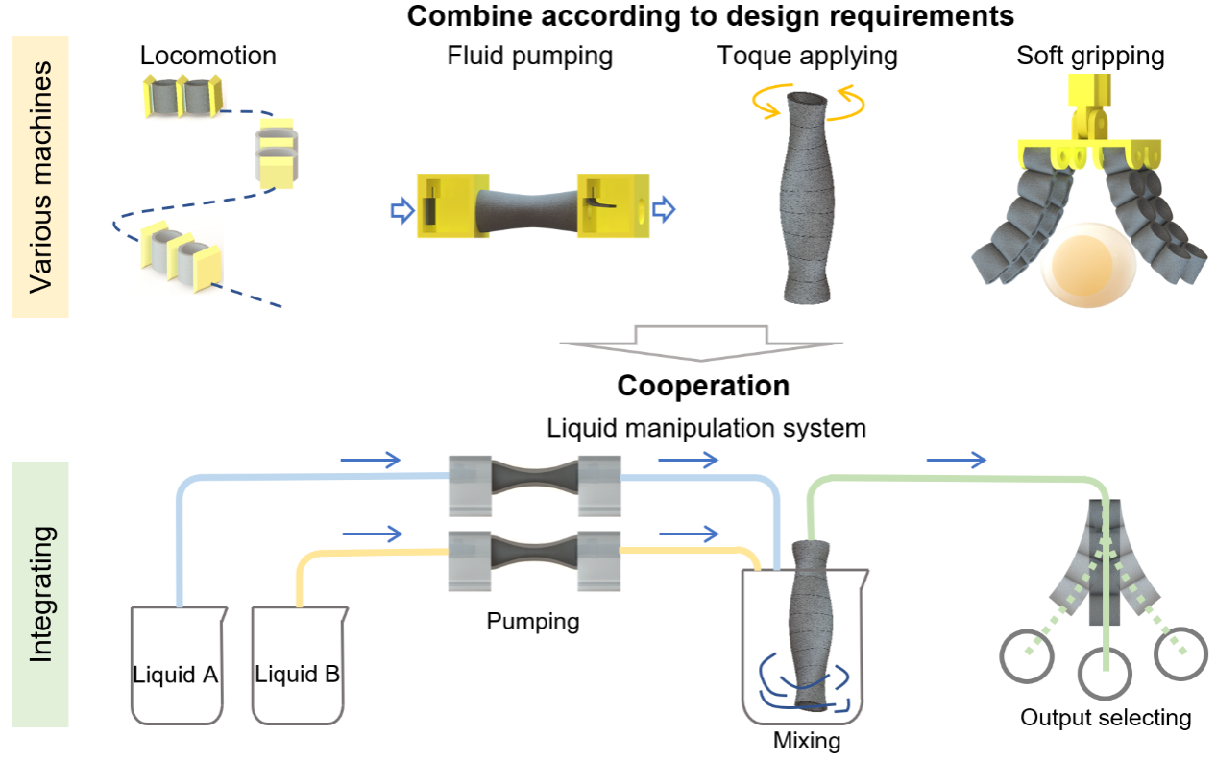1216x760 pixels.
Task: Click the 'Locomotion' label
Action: (x=207, y=56)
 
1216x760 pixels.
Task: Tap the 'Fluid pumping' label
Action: (x=529, y=56)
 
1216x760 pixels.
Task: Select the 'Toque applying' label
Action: (x=807, y=56)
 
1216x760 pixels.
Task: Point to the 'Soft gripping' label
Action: (x=1090, y=56)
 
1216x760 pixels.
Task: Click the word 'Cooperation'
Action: (x=702, y=386)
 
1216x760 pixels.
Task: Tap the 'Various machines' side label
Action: (x=39, y=177)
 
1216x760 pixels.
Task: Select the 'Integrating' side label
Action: (x=39, y=593)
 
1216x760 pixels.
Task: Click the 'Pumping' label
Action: (x=532, y=622)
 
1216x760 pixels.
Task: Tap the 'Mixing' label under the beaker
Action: (x=806, y=741)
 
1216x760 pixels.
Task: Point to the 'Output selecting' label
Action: (x=1105, y=718)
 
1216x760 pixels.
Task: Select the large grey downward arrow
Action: (x=700, y=342)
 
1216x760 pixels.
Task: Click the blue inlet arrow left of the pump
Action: (x=401, y=209)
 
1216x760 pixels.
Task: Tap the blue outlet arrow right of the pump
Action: (x=664, y=209)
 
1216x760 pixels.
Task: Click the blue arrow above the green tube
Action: (x=956, y=461)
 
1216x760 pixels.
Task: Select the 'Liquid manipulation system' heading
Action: (x=706, y=428)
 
